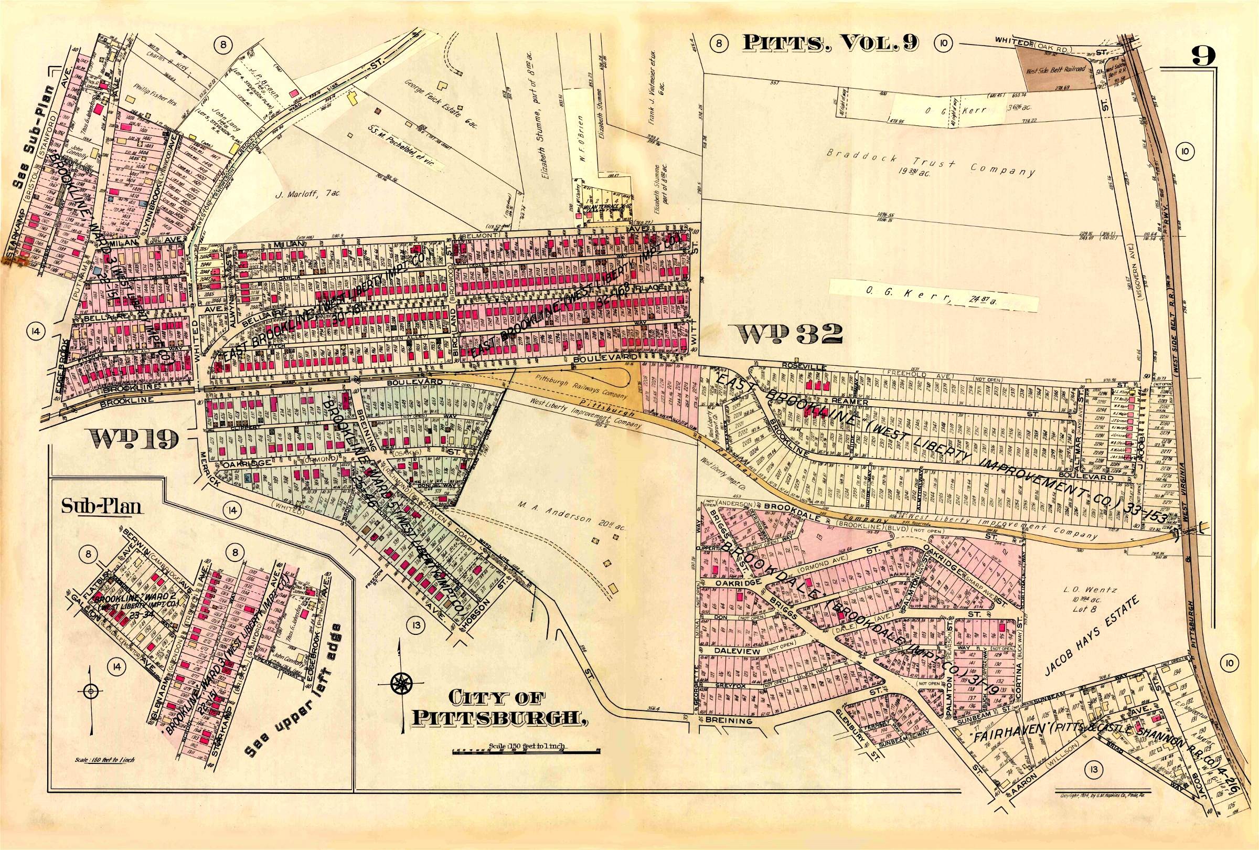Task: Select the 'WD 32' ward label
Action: pos(786,334)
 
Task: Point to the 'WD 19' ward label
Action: pos(135,438)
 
